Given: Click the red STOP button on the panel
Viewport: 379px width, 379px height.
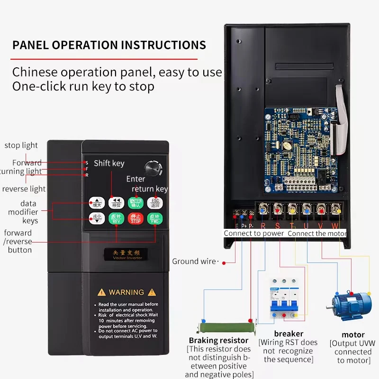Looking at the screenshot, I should click(135, 218).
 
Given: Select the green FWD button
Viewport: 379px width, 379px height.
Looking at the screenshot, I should click(155, 218).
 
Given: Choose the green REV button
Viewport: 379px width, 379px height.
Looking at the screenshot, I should click(116, 218).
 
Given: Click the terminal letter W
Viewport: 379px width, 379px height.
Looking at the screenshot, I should click(335, 226).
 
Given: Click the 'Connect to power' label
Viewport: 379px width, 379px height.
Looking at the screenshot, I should click(254, 234).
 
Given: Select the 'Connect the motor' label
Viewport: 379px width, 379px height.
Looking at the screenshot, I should click(317, 234).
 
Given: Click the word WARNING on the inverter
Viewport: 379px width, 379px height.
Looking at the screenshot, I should click(126, 292).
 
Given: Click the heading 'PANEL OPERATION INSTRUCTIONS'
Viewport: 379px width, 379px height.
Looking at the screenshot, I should click(109, 45).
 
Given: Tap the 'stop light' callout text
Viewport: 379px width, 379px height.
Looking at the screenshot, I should click(21, 145).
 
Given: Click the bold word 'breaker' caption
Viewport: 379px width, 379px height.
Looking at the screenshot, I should click(289, 334).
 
